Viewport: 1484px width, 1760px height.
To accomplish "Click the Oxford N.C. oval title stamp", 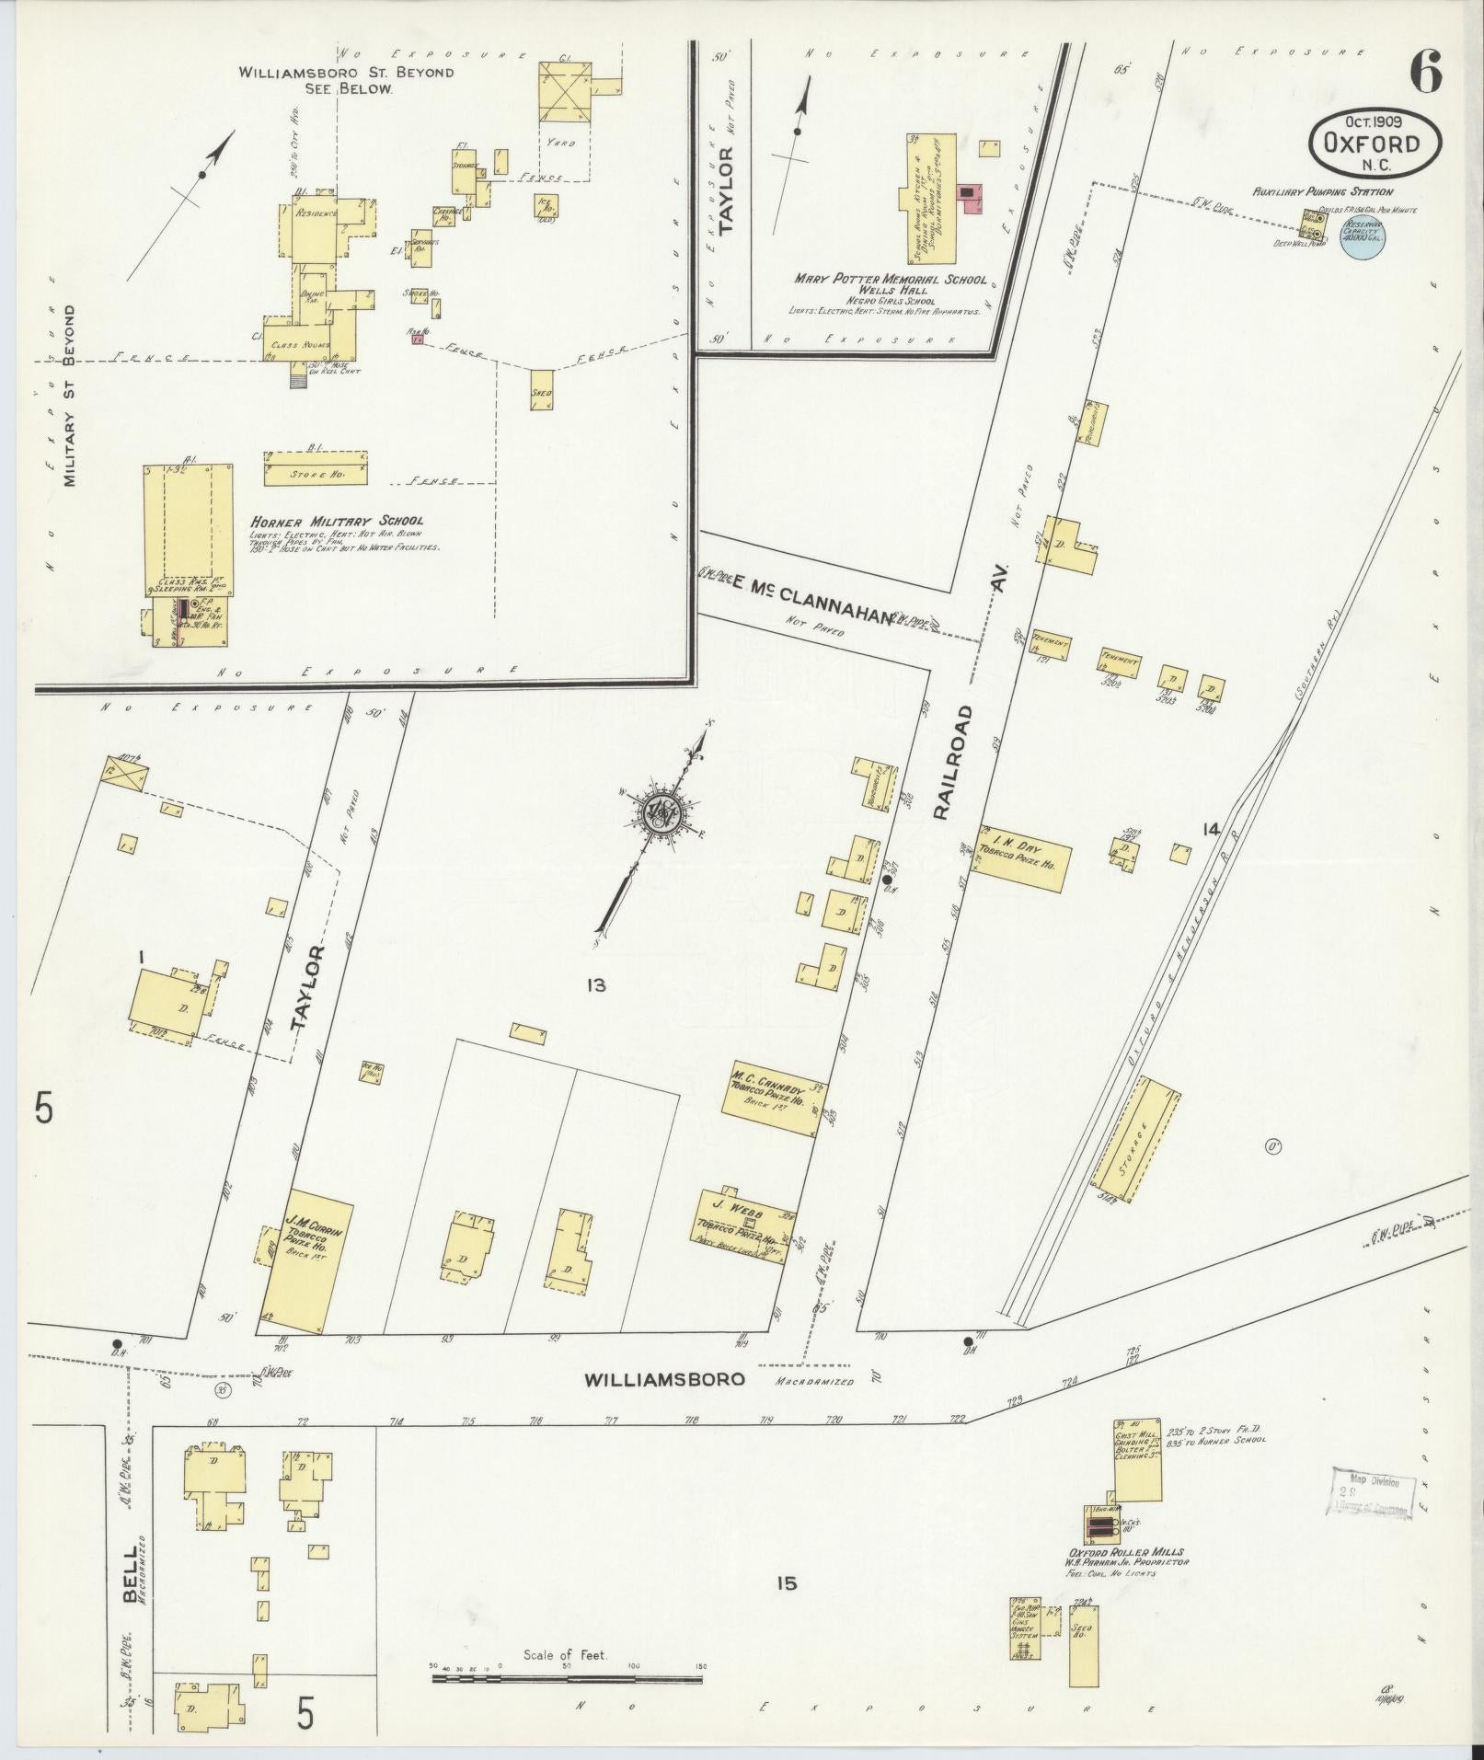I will click(1375, 143).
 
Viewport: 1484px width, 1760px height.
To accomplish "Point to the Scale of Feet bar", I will click(567, 1680).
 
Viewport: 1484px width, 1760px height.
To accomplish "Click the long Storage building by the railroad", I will click(1137, 1139).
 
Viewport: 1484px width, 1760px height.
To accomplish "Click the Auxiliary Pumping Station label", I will click(1321, 192).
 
